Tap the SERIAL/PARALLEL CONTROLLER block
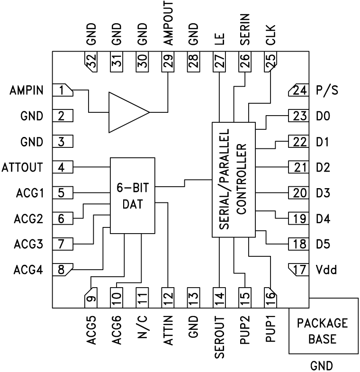[x=233, y=179]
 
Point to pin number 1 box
[x=63, y=90]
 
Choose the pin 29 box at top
[x=168, y=61]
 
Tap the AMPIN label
[x=27, y=90]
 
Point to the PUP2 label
[x=244, y=332]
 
